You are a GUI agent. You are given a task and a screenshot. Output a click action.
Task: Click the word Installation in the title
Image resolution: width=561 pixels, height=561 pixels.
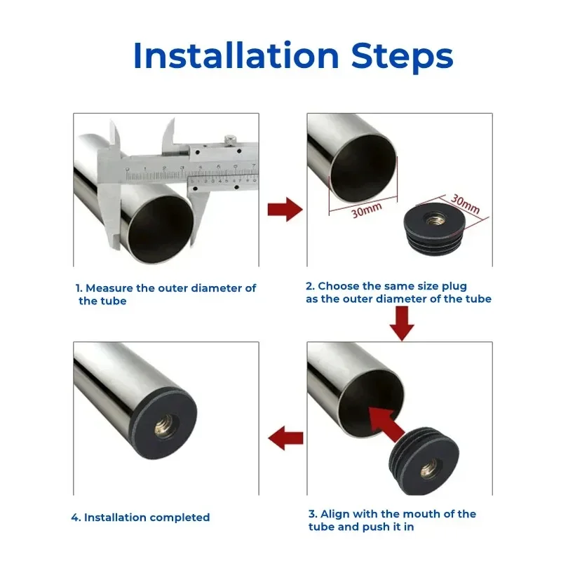pyautogui.click(x=236, y=55)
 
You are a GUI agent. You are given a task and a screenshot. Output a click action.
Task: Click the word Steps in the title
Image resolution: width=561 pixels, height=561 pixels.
pyautogui.click(x=403, y=58)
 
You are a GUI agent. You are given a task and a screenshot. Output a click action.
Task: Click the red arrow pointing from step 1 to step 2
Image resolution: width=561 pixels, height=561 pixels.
pyautogui.click(x=285, y=209)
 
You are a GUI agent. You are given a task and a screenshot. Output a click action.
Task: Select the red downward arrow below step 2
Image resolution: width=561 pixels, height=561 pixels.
pyautogui.click(x=402, y=323)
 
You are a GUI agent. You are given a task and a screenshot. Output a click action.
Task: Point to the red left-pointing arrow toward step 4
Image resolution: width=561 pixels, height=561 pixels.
pyautogui.click(x=285, y=438)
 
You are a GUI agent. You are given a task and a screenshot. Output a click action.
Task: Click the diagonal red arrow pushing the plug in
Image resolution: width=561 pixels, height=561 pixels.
pyautogui.click(x=386, y=424)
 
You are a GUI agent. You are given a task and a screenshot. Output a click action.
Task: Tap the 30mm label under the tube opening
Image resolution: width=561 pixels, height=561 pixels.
pyautogui.click(x=366, y=210)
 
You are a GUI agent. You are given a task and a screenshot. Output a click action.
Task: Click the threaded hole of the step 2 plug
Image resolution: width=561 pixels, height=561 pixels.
pyautogui.click(x=435, y=218)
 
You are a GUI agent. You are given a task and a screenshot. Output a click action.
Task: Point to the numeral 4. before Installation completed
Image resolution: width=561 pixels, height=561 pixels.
pyautogui.click(x=76, y=518)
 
